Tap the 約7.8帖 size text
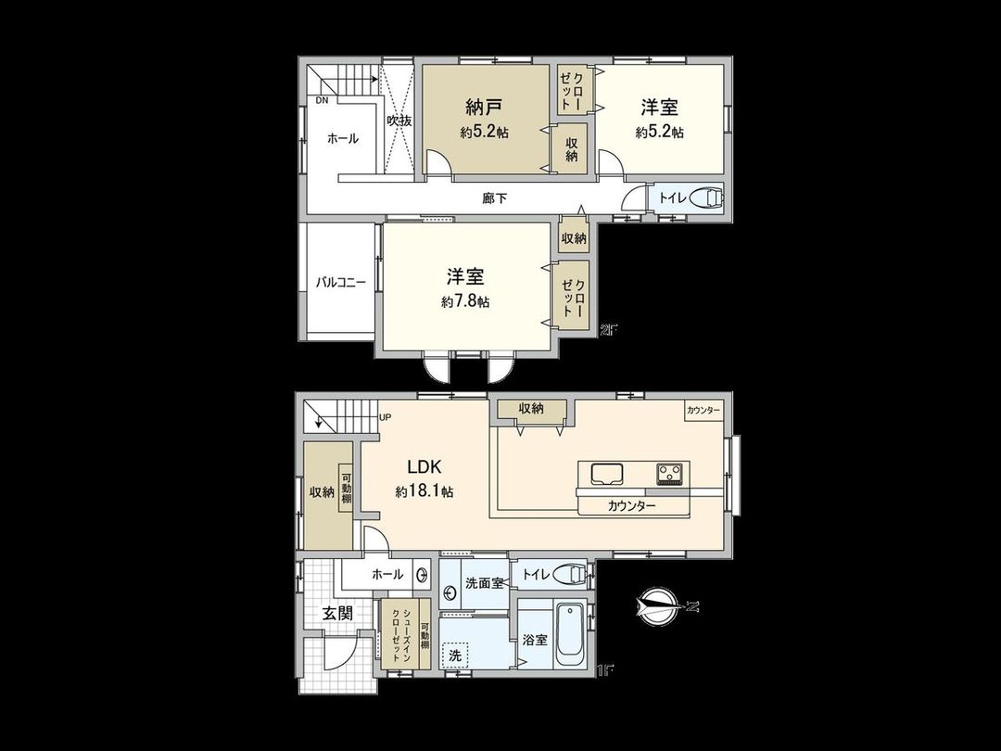pos(465,302)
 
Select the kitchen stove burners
pos(669,474)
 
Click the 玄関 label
pos(336,613)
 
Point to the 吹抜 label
pos(399,121)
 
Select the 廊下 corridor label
pos(494,197)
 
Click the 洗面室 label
pos(484,583)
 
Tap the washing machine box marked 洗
pos(454,655)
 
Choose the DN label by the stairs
pos(321,100)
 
